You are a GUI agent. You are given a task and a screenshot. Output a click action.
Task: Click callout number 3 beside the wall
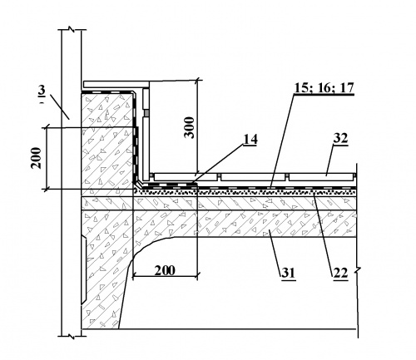point(41,91)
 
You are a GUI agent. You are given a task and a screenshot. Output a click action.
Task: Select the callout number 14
point(250,140)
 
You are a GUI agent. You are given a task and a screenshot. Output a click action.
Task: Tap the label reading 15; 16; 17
point(324,88)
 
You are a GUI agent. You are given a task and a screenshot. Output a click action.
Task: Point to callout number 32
point(340,138)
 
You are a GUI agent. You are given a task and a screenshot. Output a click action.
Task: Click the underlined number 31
point(289,274)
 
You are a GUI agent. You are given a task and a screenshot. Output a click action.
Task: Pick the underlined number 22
point(340,274)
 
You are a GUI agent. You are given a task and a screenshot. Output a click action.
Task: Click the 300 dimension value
point(190,127)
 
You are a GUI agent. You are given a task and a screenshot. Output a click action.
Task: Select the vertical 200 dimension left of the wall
point(36,158)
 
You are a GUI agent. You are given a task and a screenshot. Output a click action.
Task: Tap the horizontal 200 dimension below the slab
point(165,270)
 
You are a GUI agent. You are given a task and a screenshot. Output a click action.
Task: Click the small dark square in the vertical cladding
point(146,113)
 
